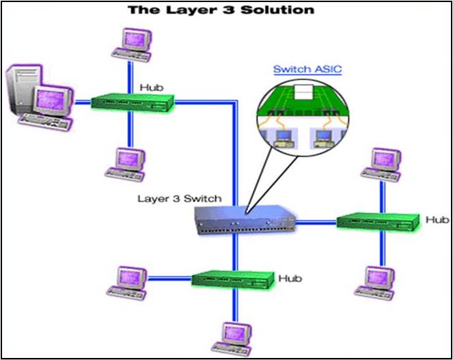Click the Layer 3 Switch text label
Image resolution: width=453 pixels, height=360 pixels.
180,199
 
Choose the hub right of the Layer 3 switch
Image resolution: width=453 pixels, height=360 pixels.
378,221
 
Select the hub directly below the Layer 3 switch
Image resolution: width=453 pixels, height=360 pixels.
232,279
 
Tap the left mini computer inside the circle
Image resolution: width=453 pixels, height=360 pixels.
280,137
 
